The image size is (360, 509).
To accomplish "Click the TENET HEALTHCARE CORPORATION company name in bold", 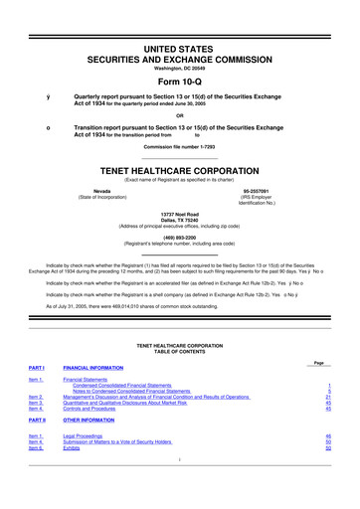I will click(179, 169).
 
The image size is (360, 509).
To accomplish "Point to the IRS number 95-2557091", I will click(258, 189).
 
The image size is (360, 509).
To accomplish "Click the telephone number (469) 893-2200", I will click(179, 237).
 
